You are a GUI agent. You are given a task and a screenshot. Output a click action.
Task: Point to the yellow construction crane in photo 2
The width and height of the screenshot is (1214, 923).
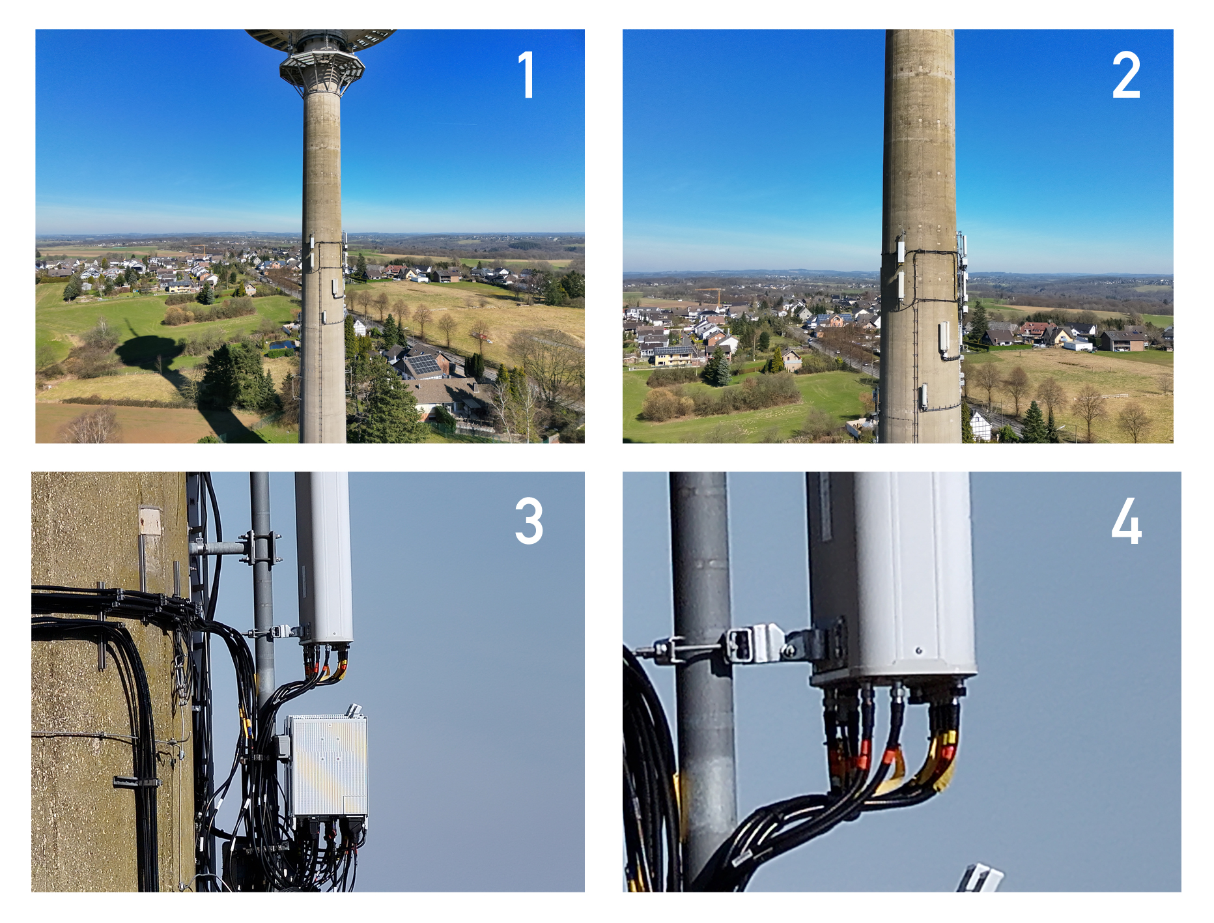coord(714,294)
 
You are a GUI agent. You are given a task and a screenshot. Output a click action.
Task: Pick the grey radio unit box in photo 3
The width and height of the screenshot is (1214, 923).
coord(328,765)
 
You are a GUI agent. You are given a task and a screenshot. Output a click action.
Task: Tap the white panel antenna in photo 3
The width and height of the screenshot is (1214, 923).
coord(324,558)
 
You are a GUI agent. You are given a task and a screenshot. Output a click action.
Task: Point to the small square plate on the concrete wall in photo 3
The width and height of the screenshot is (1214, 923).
coord(150,520)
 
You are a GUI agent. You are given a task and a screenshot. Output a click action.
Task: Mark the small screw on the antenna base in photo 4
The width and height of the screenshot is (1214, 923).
coord(918,650)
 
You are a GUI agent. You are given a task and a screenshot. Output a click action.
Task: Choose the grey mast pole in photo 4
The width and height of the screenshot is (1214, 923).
coord(704,677)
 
